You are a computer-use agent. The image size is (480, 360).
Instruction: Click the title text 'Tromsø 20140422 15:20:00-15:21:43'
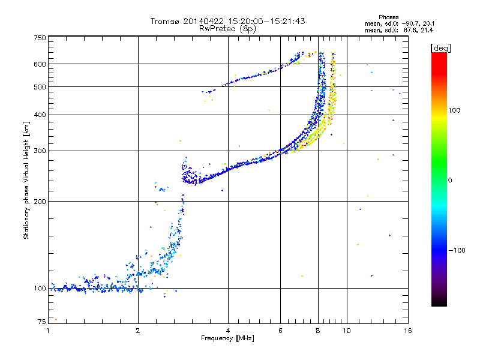pos(228,21)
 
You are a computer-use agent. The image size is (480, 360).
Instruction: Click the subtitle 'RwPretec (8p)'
pos(227,28)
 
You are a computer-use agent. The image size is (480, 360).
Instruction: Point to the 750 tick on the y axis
pos(40,38)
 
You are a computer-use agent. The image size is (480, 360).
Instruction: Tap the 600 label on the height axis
pos(40,64)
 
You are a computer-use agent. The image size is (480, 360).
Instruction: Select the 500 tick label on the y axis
pos(40,86)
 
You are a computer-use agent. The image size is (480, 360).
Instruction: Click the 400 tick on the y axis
pos(40,115)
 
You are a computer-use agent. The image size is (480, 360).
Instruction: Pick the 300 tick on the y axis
pos(40,151)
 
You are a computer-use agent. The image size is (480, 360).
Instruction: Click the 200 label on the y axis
pos(40,201)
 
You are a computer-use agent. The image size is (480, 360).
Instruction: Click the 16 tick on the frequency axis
pos(407,331)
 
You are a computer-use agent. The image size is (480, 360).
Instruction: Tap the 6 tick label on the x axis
pos(280,331)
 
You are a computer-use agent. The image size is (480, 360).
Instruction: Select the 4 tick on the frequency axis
pos(228,331)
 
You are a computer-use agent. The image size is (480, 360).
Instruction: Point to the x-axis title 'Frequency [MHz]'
pos(227,339)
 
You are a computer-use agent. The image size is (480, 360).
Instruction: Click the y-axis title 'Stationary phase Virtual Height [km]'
pos(26,180)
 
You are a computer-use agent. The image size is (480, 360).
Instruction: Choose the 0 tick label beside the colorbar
pos(451,180)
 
